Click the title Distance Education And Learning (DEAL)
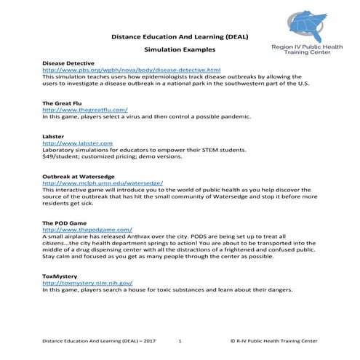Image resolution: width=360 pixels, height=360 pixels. point(179,35)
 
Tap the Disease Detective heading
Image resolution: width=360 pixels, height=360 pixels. point(68,63)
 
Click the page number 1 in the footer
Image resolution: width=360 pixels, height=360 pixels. point(180,340)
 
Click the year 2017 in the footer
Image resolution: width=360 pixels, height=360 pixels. point(149,340)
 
